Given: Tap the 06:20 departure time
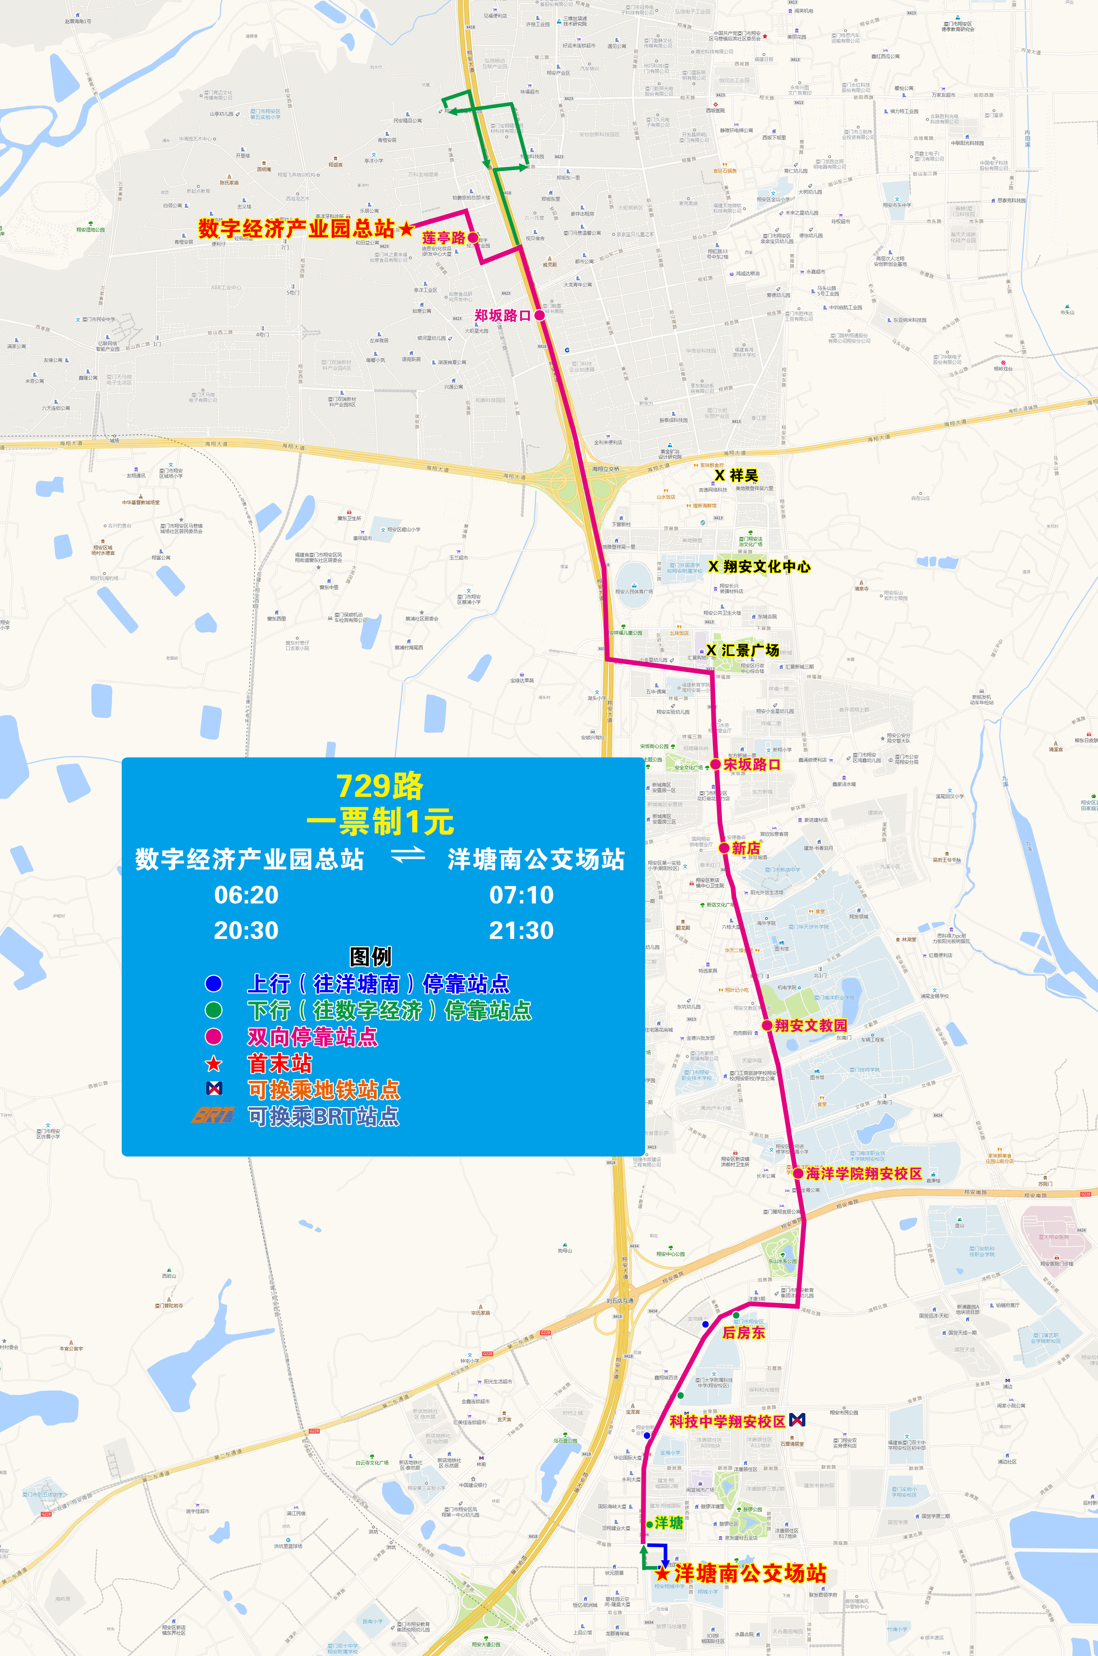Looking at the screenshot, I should click(246, 895).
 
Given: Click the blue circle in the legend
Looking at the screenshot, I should click(213, 984).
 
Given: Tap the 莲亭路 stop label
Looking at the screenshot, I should click(443, 238).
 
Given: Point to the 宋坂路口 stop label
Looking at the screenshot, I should click(751, 765).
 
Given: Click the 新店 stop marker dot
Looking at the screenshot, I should click(724, 848).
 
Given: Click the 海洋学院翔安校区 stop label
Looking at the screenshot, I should click(864, 1173).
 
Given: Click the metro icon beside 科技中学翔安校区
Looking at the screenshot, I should click(797, 1420).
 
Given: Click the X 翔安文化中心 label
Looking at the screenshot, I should click(760, 566).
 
